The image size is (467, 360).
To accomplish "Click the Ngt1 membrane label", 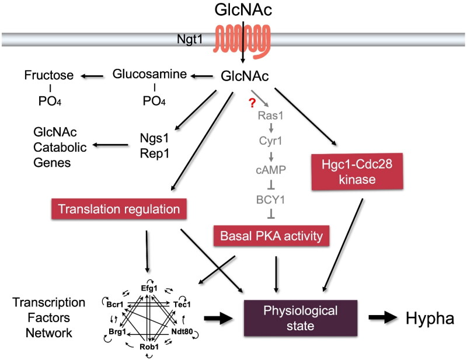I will click(190, 40).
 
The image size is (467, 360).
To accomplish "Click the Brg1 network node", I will click(116, 331).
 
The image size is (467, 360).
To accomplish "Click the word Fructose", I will click(50, 75).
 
